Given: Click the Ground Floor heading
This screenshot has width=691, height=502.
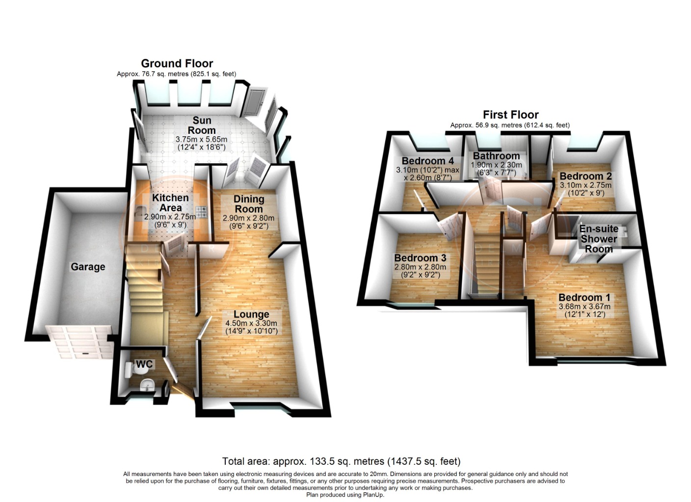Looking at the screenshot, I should [177, 63].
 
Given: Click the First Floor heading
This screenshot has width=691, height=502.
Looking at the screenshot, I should [510, 115].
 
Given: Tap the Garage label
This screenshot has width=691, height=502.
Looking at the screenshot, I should [88, 267].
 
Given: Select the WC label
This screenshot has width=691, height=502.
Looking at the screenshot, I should [144, 364].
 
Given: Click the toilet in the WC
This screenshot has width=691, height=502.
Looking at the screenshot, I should [130, 369].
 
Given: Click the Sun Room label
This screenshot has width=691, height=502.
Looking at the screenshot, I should [202, 125].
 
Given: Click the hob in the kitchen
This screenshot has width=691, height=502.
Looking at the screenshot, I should [202, 212].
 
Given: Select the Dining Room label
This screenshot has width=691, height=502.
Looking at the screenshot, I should [248, 204].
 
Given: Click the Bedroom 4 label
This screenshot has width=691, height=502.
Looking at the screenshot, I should [427, 161].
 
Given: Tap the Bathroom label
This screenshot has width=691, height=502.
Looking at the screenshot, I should [496, 156].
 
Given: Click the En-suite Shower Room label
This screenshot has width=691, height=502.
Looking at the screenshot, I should [599, 239].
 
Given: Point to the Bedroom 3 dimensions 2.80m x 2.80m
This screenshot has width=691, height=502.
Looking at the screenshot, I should [420, 267].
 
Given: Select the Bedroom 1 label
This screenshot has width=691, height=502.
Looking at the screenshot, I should [584, 298].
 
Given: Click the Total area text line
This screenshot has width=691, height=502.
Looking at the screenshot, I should [341, 461].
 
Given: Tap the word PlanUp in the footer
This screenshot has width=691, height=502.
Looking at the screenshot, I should [372, 495].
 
